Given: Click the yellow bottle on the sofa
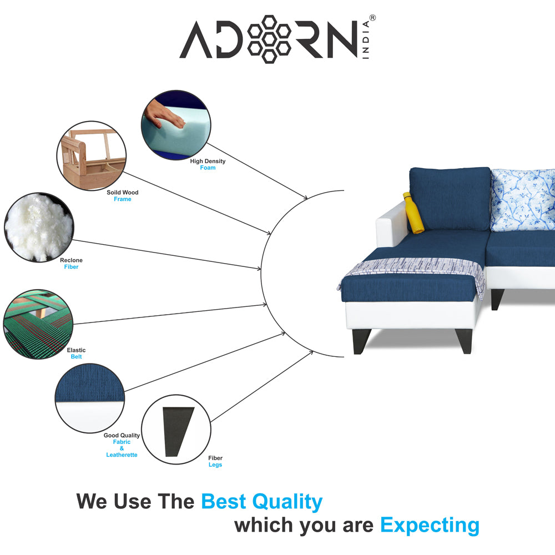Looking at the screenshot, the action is point(413,213).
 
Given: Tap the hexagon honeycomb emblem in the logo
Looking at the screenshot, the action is point(269,39).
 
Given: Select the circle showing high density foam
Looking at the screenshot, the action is point(176,125).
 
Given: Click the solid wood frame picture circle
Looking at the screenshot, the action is point(92,156).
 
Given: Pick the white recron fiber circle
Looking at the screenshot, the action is point(39,227).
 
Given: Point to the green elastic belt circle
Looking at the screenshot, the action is point(38,324).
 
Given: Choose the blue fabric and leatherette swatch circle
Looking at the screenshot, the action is point(90,398).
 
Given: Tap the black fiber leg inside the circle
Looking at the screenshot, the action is point(178,431).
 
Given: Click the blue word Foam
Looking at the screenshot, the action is point(208,168).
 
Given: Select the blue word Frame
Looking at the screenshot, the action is point(123,199).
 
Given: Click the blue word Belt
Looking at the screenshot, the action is point(76,357).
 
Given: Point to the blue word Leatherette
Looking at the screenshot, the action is point(122,455).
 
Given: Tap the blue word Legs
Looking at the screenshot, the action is point(215,465).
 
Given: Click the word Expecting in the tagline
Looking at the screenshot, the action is point(430,525).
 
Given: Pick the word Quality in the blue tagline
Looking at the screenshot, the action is point(287,502).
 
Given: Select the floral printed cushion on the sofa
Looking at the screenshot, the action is point(523,200).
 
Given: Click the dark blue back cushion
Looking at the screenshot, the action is point(450,199).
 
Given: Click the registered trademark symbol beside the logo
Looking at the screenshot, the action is point(372,18).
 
